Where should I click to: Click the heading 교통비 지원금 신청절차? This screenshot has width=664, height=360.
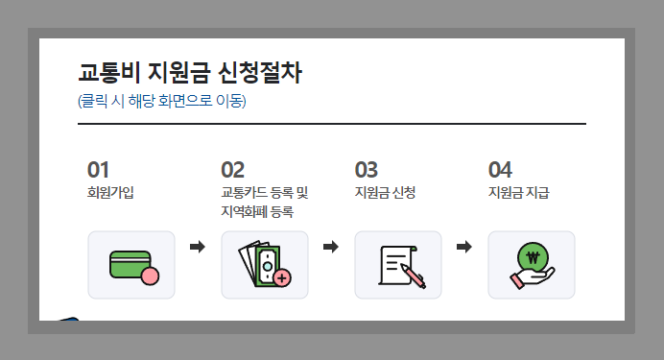coord(190,73)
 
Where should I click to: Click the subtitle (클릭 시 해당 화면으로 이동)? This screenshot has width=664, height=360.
coord(161,101)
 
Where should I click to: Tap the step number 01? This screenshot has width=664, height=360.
coord(98,170)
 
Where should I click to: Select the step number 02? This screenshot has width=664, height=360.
coord(233,170)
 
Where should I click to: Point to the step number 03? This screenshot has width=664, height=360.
coord(367,170)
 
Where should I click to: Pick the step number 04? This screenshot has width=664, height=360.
coord(500,170)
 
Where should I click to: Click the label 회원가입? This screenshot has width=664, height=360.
coord(110,192)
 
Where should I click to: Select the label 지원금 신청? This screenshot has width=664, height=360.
coord(385,192)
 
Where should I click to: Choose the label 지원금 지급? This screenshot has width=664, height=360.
coord(518,192)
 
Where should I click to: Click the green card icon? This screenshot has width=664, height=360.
coord(130,265)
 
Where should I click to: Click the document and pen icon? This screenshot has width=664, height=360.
coord(398,265)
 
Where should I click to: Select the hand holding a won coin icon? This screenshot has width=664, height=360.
coord(532,265)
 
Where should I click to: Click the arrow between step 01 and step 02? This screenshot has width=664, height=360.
coord(198,248)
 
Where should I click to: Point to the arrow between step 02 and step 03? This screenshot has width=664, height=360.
coord(331,248)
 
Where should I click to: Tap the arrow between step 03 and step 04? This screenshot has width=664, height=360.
coord(464,248)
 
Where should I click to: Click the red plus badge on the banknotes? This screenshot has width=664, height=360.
coord(282,278)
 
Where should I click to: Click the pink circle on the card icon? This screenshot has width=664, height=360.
coord(149,278)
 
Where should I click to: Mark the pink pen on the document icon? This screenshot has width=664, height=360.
coord(415,278)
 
